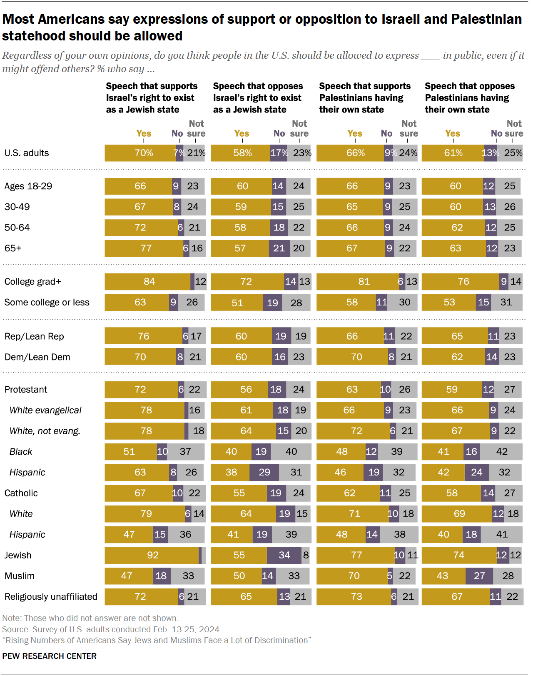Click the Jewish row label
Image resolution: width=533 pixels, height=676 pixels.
tap(18, 555)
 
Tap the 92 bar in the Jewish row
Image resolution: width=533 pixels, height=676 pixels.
tap(152, 555)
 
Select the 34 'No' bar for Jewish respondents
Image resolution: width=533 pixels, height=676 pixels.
tap(284, 555)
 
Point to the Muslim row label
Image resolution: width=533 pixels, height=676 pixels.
tap(20, 576)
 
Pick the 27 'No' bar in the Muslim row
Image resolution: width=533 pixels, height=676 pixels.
tap(479, 576)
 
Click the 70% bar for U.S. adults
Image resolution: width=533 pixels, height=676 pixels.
tap(141, 153)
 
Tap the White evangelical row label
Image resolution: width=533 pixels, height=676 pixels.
tap(45, 410)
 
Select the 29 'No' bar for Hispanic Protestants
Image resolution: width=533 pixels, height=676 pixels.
tap(264, 472)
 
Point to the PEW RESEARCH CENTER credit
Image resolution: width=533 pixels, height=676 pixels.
tap(49, 656)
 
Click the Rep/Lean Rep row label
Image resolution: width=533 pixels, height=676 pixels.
tap(34, 336)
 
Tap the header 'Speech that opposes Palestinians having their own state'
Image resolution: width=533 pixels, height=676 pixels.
tap(469, 98)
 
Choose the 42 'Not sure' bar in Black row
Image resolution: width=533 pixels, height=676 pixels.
tap(501, 452)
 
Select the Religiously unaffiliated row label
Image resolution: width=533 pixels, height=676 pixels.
tap(51, 597)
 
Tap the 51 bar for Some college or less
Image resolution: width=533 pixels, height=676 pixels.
tap(237, 303)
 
